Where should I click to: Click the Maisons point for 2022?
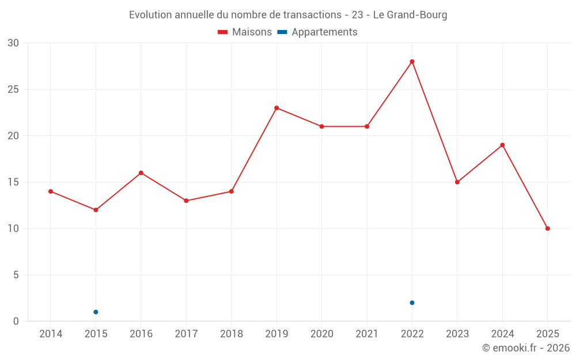[412, 62]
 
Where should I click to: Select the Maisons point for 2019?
[276, 108]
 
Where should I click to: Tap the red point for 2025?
[547, 229]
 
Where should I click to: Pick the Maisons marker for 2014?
[51, 191]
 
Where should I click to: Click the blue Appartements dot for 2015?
[96, 312]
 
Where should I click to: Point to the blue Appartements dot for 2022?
[412, 303]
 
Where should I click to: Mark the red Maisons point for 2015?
[96, 210]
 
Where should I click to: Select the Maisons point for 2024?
[502, 145]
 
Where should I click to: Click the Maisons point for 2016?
[141, 173]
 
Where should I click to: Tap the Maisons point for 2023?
[457, 182]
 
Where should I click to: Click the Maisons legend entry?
[245, 32]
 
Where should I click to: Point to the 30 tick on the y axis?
[13, 43]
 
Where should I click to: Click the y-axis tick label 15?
[13, 182]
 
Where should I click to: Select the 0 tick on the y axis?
[16, 321]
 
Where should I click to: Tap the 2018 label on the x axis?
[231, 334]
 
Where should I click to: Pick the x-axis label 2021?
[367, 334]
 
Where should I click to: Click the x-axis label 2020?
[321, 334]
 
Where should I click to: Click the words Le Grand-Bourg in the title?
[410, 15]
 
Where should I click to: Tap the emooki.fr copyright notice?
[526, 348]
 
